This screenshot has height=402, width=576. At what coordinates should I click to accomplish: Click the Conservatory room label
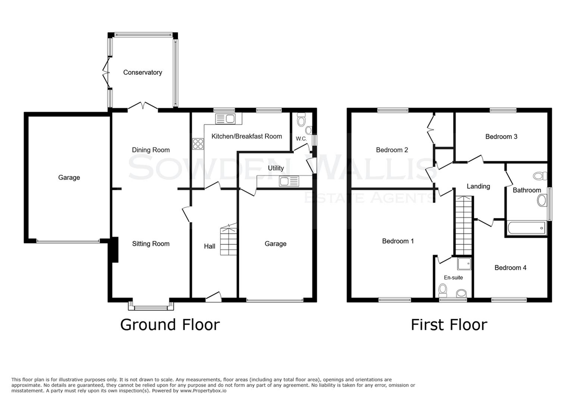click(143, 72)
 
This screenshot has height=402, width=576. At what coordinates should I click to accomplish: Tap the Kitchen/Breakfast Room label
click(247, 136)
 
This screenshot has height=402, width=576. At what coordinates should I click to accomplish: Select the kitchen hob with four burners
click(198, 144)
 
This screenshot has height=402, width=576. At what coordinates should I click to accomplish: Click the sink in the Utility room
click(289, 181)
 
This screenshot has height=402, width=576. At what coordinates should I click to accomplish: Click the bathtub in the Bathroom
click(527, 228)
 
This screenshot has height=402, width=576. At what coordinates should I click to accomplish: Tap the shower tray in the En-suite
click(464, 264)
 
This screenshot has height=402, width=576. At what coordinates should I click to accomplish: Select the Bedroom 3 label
click(501, 137)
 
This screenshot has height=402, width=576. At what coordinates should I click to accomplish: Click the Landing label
click(478, 186)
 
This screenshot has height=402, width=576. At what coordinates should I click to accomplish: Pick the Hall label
click(209, 246)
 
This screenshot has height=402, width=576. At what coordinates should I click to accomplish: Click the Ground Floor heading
click(170, 325)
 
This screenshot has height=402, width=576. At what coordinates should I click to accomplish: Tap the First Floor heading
click(449, 325)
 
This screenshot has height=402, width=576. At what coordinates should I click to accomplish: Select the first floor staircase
click(464, 225)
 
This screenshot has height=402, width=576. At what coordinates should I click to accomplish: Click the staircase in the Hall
click(228, 239)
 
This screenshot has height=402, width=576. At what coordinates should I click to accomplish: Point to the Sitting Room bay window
click(151, 306)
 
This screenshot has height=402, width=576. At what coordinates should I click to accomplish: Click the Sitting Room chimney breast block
click(115, 250)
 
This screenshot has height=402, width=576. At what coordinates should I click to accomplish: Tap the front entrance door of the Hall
click(214, 297)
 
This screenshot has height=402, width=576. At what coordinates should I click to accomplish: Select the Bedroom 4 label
click(510, 268)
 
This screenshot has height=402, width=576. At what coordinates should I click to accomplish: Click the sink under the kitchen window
click(225, 119)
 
